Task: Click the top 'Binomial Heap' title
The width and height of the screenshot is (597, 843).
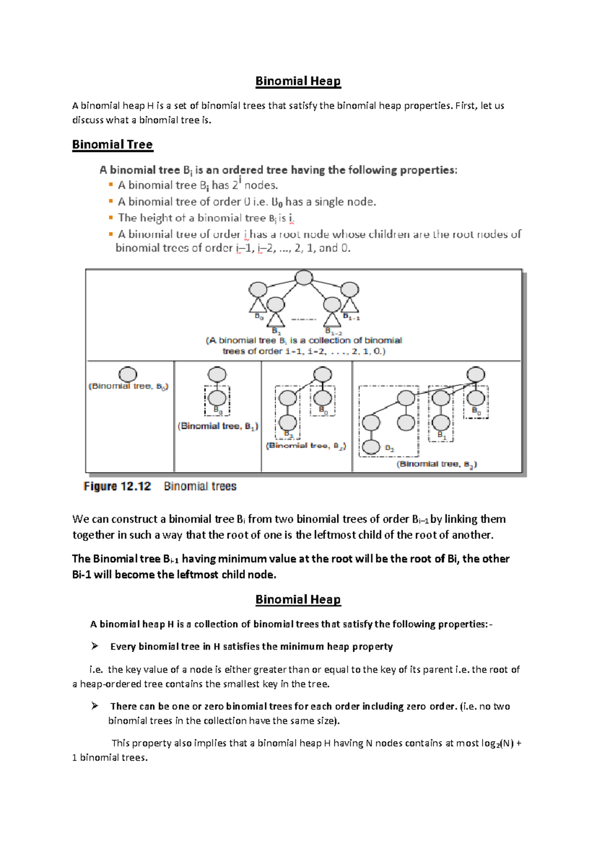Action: (x=298, y=81)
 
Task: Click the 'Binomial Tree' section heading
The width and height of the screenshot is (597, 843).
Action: (x=112, y=145)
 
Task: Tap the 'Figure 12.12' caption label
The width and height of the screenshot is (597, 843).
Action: (x=117, y=486)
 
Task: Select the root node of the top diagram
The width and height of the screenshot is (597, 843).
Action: (x=304, y=277)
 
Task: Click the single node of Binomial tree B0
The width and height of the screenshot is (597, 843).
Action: (x=128, y=374)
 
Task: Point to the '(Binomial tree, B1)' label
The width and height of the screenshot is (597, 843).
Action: (x=218, y=426)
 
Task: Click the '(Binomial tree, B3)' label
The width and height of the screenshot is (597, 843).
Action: (x=436, y=464)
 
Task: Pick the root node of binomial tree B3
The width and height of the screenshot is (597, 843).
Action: (x=476, y=374)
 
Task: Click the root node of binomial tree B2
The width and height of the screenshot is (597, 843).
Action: (x=323, y=374)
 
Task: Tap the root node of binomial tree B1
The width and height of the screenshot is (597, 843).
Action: (x=217, y=374)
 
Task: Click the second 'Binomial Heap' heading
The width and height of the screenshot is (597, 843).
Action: (x=298, y=599)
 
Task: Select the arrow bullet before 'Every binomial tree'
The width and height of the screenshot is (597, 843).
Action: (x=95, y=646)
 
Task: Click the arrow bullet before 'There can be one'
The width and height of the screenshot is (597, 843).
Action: (x=95, y=706)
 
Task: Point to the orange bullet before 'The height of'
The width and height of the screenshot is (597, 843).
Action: (x=110, y=218)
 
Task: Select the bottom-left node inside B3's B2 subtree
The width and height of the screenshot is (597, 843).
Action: (x=371, y=446)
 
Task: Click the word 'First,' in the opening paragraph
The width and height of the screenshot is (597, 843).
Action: (x=466, y=106)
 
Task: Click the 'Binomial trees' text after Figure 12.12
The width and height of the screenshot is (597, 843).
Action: (x=200, y=486)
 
